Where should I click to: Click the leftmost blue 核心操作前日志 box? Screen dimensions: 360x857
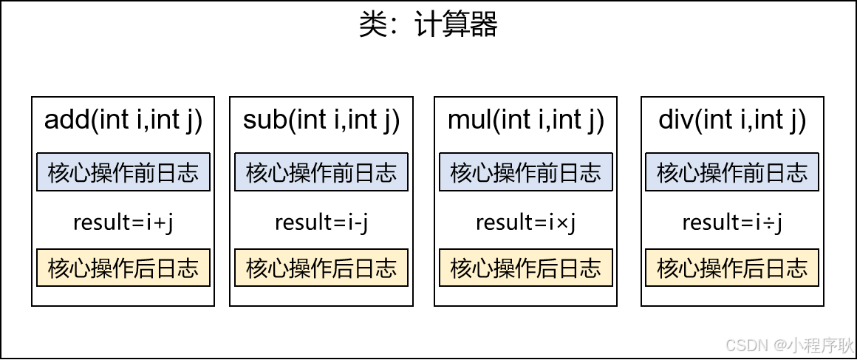click(123, 172)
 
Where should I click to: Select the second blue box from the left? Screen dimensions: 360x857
click(321, 172)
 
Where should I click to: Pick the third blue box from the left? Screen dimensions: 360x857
click(526, 172)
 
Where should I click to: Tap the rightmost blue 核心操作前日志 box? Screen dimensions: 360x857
click(732, 172)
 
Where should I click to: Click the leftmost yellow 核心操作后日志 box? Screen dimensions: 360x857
click(123, 268)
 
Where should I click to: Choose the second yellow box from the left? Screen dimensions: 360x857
click(321, 268)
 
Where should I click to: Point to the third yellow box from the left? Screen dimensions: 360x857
click(526, 268)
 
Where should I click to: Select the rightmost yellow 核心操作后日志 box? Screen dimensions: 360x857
click(732, 268)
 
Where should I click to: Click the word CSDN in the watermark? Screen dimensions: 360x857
click(745, 344)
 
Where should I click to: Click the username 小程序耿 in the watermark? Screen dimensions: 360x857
click(819, 344)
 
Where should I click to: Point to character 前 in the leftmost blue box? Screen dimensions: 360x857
click(145, 173)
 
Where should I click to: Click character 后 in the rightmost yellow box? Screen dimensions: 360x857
click(754, 268)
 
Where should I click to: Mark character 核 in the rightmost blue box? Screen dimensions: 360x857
click(668, 173)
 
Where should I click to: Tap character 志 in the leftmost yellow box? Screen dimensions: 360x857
click(188, 268)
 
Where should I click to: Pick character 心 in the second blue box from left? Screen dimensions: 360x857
click(279, 173)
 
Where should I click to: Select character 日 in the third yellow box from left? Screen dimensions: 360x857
click(569, 268)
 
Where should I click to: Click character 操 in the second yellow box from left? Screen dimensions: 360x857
click(300, 268)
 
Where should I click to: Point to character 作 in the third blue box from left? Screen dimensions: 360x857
click(526, 173)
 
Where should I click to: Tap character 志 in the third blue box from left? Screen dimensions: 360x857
click(590, 173)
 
